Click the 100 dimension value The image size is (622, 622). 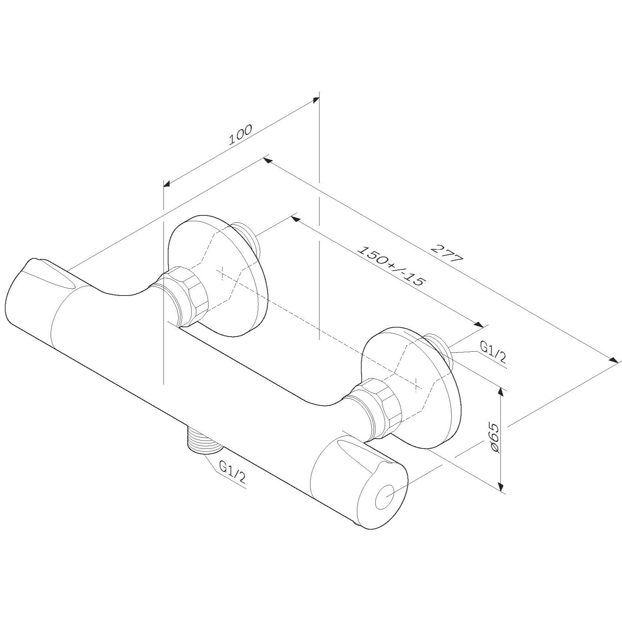[x=241, y=134]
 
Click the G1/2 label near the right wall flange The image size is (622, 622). [x=493, y=353]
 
